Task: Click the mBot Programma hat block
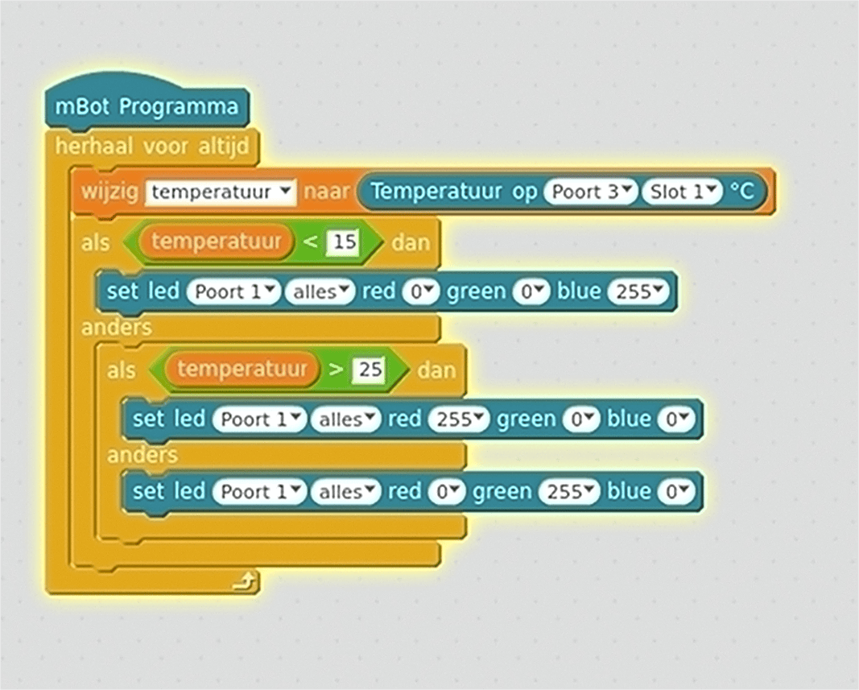[x=147, y=106]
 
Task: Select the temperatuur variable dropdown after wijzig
[x=221, y=192]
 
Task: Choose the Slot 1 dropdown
[x=681, y=192]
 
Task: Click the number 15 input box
[x=344, y=242]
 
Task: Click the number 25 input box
[x=370, y=370]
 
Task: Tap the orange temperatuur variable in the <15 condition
[x=216, y=242]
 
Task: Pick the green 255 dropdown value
[x=568, y=492]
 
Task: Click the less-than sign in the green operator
[x=310, y=242]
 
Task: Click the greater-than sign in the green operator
[x=336, y=370]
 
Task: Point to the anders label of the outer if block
[x=116, y=328]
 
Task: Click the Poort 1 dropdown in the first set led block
[x=233, y=292]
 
